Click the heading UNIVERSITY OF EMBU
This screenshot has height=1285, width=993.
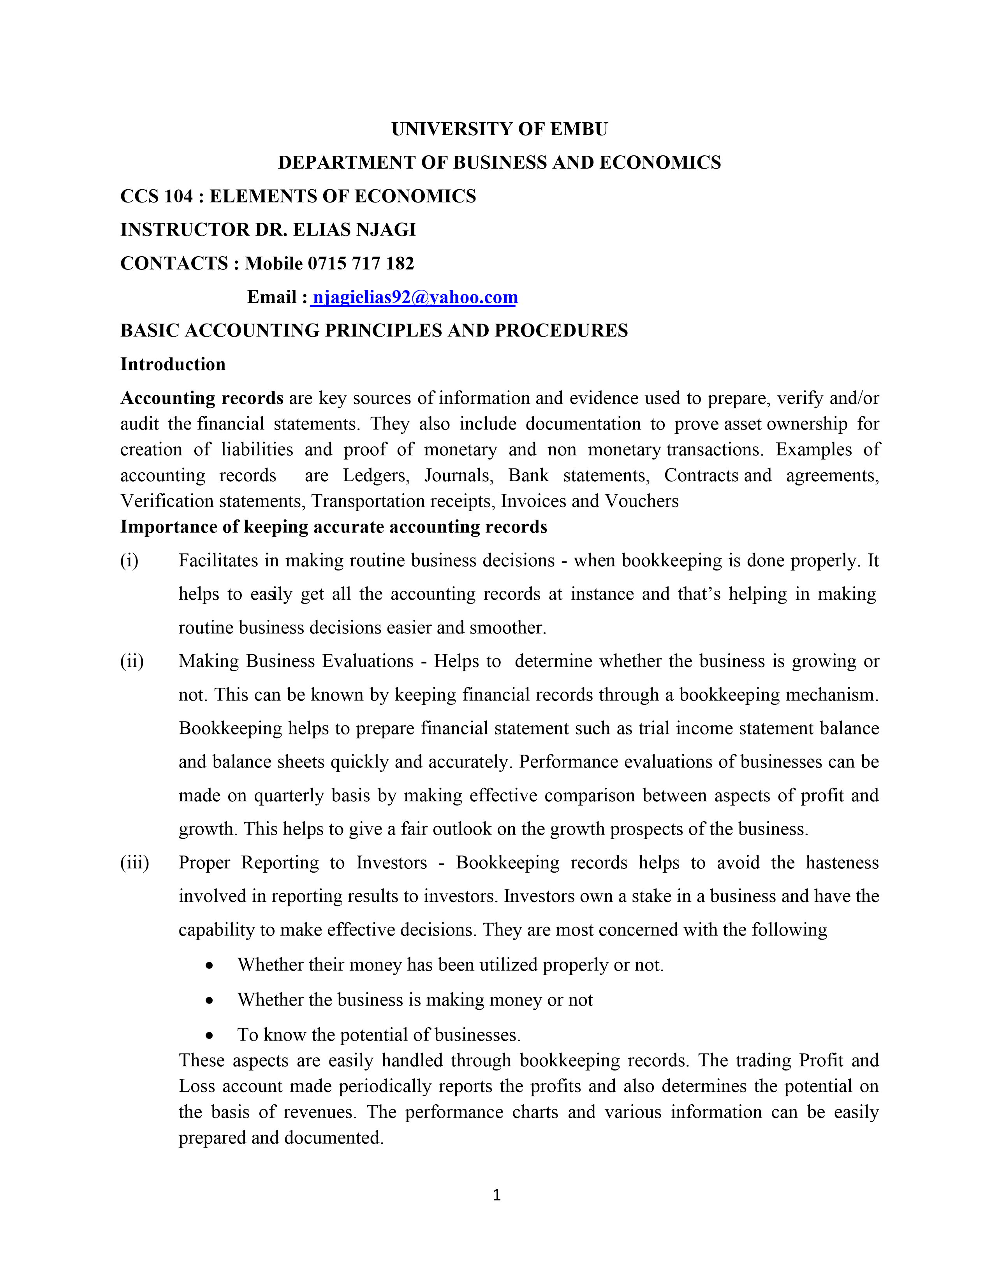500,129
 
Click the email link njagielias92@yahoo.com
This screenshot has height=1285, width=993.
415,297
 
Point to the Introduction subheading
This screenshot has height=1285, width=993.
173,364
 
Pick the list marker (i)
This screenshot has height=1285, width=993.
129,560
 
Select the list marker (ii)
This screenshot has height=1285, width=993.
132,661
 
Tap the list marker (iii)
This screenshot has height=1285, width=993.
135,862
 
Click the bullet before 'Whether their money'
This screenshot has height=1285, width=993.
209,966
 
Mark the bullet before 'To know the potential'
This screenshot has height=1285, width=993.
209,1035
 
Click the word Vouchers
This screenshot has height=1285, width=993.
642,501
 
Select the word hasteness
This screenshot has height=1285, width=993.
842,863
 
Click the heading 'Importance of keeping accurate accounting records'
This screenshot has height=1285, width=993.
334,526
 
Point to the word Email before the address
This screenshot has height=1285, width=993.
272,297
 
